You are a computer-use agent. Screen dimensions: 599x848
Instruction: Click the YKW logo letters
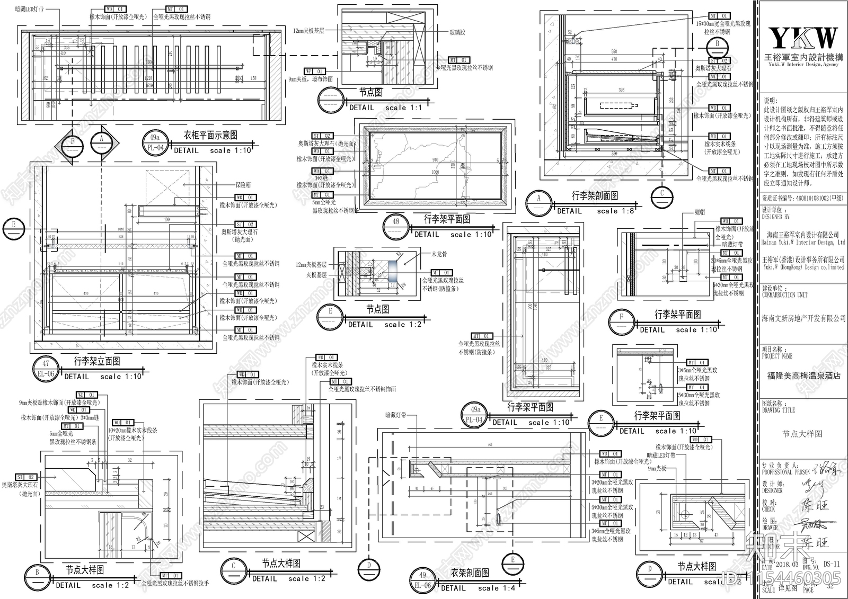pos(803,38)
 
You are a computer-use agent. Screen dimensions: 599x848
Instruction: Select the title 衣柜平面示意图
pos(210,136)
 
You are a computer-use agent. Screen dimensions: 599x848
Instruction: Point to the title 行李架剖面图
pos(595,196)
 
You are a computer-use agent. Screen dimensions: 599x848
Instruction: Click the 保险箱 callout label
pos(243,185)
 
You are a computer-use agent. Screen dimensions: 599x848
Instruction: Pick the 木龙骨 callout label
pos(439,254)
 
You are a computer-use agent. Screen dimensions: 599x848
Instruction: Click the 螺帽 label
pos(700,212)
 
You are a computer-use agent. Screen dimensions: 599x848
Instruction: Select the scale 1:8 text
pos(615,211)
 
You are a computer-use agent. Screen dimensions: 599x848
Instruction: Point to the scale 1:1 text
pos(404,108)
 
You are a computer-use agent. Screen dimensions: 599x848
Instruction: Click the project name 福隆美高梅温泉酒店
pos(803,376)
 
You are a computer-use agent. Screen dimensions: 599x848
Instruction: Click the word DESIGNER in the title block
pos(772,491)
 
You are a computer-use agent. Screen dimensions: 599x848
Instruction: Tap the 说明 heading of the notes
pos(769,101)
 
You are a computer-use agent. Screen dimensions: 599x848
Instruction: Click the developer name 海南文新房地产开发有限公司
pos(803,318)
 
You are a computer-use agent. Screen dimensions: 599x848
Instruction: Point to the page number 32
pos(831,585)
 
